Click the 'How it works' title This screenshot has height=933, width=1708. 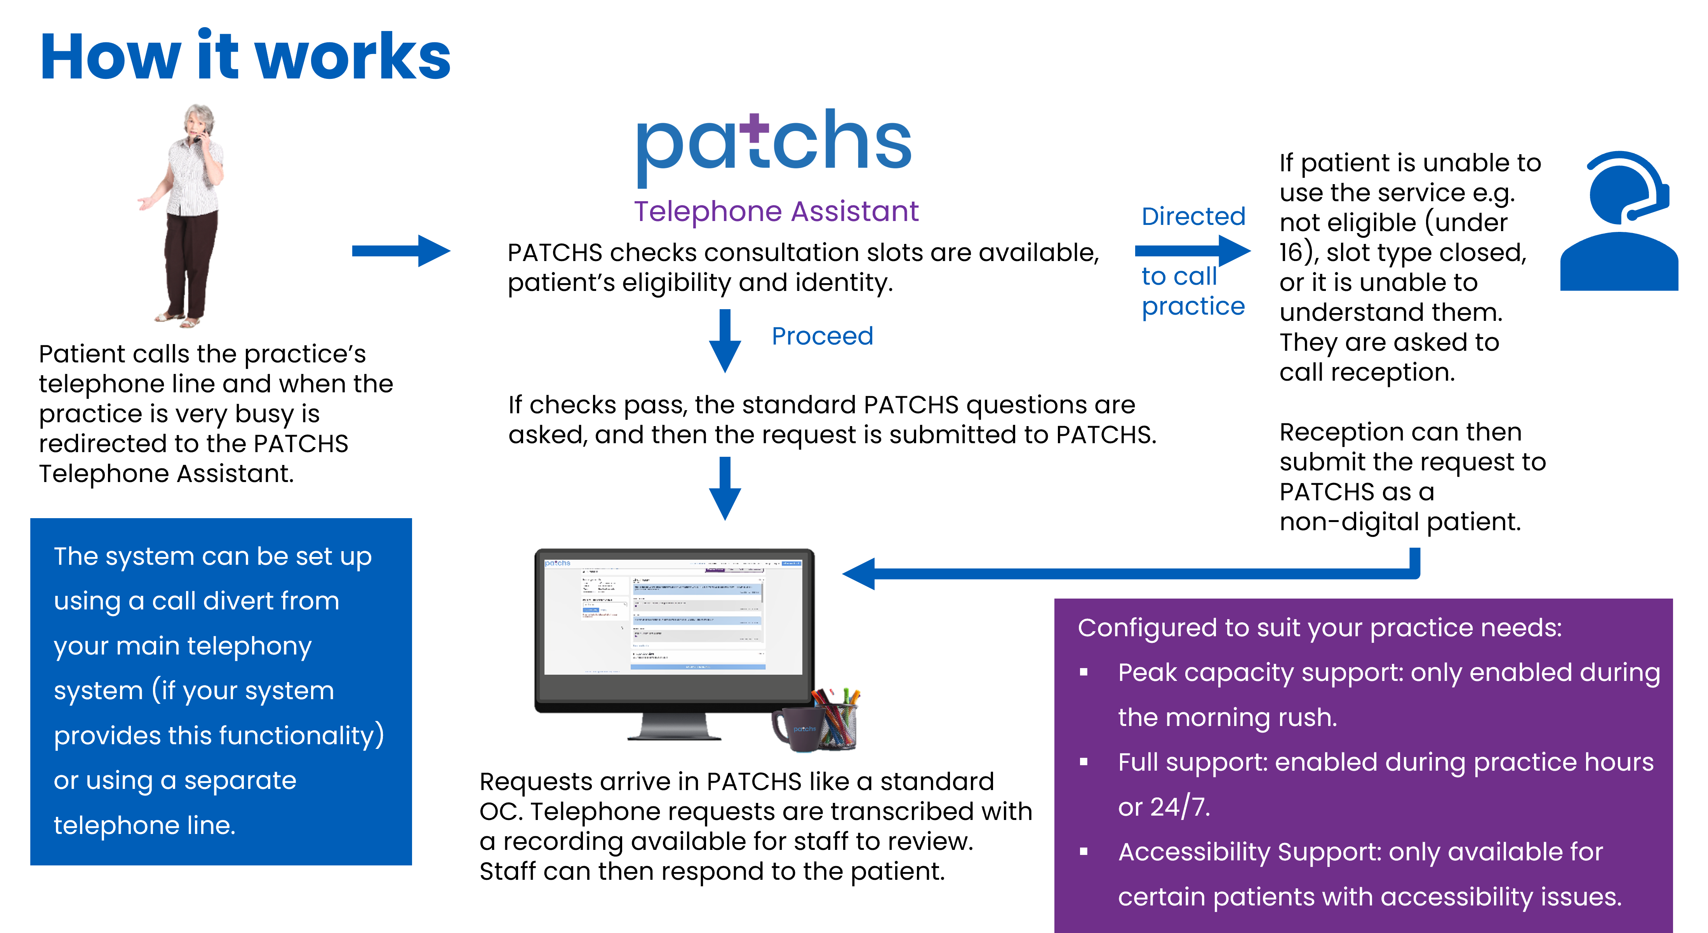pyautogui.click(x=245, y=58)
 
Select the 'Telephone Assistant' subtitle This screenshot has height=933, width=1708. pyautogui.click(x=776, y=212)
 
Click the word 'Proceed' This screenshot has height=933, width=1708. pyautogui.click(x=822, y=336)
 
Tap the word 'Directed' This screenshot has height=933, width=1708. pyautogui.click(x=1193, y=216)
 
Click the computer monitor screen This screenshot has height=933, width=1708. pyautogui.click(x=673, y=617)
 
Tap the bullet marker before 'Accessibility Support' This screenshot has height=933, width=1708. pyautogui.click(x=1084, y=852)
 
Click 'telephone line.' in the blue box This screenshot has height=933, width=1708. pyautogui.click(x=144, y=825)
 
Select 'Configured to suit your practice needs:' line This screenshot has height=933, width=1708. pyautogui.click(x=1320, y=627)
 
